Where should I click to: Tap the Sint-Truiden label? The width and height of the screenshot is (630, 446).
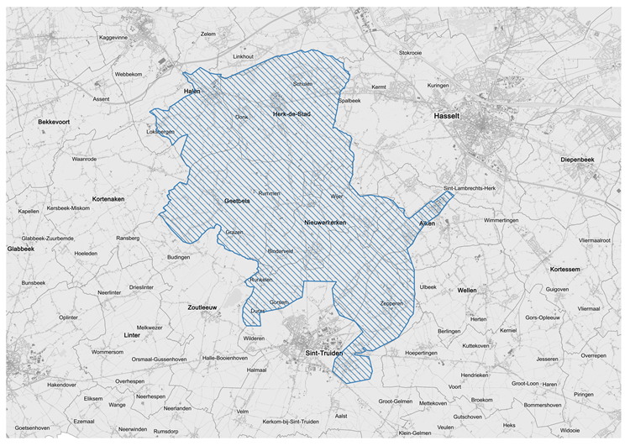[323, 355]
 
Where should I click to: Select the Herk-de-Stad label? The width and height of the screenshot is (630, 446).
[292, 113]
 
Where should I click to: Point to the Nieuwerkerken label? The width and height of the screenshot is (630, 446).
[325, 223]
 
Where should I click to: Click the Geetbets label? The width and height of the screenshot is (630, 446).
[238, 202]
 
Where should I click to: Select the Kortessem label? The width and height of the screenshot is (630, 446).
[565, 270]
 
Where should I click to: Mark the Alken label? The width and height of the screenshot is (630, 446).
[427, 224]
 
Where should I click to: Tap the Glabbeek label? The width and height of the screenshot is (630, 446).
[21, 249]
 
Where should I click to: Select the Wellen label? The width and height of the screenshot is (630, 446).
[467, 290]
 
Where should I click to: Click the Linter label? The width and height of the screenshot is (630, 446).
[130, 336]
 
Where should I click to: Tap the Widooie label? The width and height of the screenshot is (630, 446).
[570, 430]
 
